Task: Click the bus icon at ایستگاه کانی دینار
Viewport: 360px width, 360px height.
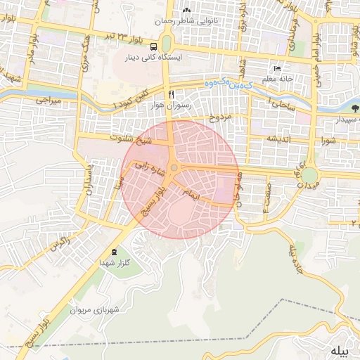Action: [153, 46]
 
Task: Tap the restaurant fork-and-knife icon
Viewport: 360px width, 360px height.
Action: [170, 94]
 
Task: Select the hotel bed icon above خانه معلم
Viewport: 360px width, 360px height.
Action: [278, 68]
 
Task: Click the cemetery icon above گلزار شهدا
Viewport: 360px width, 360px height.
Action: [115, 252]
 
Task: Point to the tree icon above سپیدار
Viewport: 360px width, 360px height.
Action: [355, 109]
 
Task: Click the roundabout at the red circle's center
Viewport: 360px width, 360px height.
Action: [173, 167]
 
